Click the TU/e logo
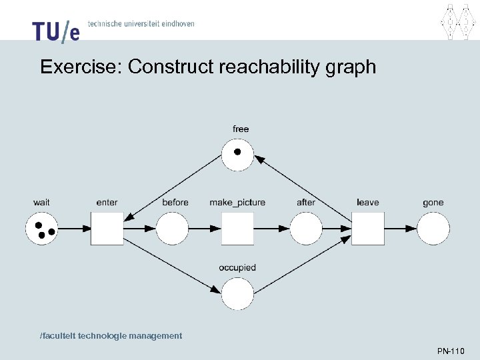tap(55, 31)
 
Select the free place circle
tap(238, 155)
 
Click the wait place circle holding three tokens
tap(42, 228)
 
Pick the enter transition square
tap(107, 228)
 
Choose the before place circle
tap(172, 228)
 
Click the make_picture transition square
tap(238, 228)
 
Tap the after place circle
tap(305, 228)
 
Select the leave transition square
tap(368, 228)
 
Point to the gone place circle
tap(433, 228)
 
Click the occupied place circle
tap(238, 294)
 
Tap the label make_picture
tap(237, 203)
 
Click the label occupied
tap(237, 268)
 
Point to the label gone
tap(433, 203)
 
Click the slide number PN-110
tap(451, 351)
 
